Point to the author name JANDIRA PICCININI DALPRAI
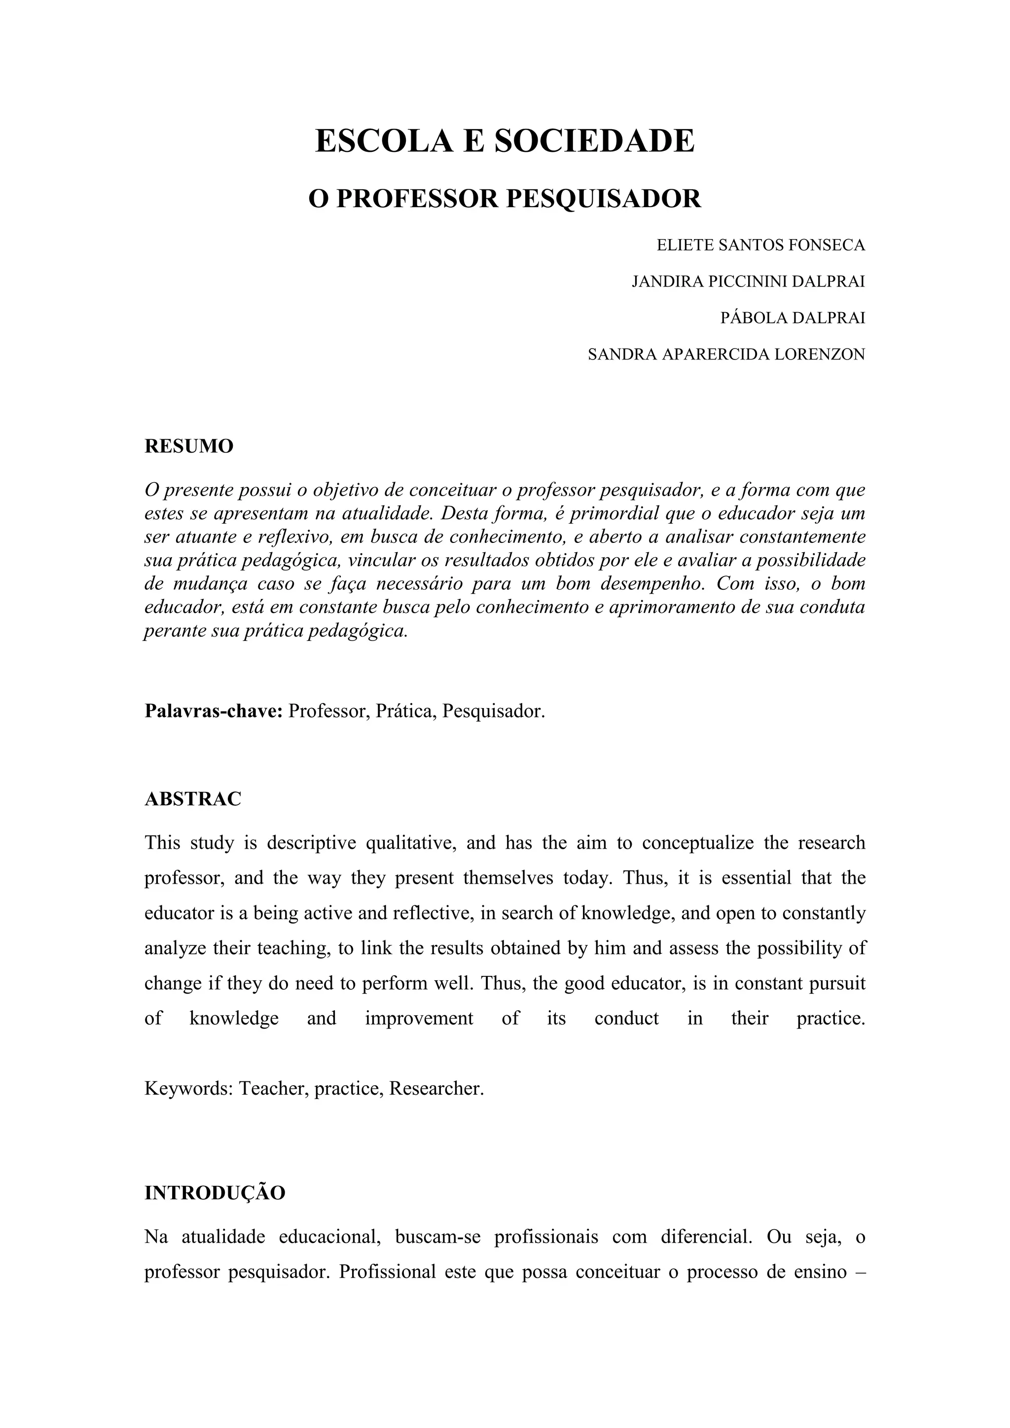[748, 282]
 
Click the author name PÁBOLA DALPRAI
[793, 318]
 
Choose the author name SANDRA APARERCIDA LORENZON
[726, 355]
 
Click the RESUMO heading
[189, 446]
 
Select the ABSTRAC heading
[193, 799]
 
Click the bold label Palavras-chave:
[214, 711]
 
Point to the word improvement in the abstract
[419, 1018]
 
